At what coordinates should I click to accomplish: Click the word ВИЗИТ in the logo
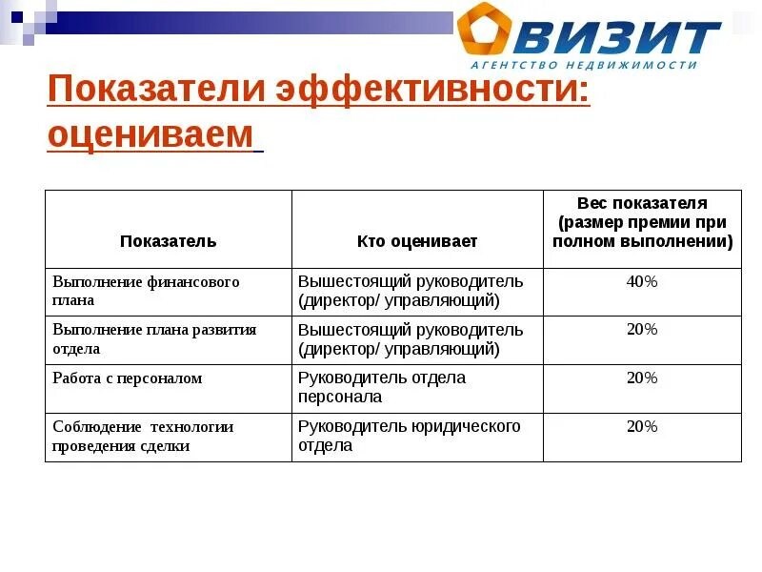(x=620, y=36)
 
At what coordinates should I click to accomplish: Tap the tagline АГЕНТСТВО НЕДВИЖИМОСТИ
(x=584, y=65)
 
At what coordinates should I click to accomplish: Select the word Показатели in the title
(x=155, y=92)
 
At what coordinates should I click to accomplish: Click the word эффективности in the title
(x=432, y=92)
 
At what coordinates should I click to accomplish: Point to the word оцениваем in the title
(x=150, y=135)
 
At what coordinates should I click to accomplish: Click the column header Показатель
(x=169, y=241)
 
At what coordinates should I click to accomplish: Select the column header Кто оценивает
(x=417, y=241)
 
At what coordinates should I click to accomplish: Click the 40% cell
(x=642, y=281)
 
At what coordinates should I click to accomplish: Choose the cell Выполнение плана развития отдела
(x=154, y=338)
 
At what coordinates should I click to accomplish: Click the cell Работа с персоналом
(x=128, y=378)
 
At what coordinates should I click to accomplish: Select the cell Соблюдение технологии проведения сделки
(x=143, y=436)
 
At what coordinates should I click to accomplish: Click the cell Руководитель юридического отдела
(x=410, y=436)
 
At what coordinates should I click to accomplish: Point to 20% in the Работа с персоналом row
(x=642, y=378)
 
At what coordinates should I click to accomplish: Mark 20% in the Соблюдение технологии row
(x=642, y=426)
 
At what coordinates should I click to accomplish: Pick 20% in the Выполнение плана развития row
(x=642, y=329)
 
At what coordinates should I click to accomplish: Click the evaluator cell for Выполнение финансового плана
(x=411, y=291)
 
